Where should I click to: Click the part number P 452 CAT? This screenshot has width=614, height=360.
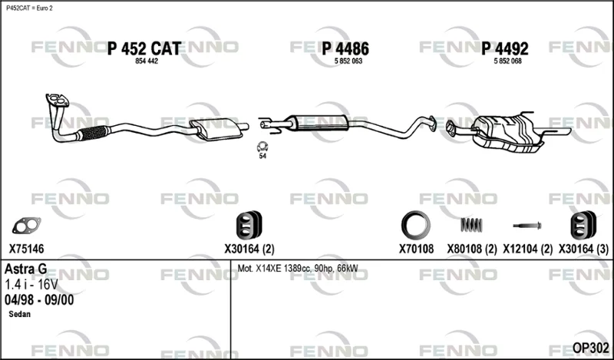click(x=144, y=48)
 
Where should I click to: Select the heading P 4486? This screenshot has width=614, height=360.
click(x=345, y=48)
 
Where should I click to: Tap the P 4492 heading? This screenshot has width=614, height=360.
click(x=505, y=48)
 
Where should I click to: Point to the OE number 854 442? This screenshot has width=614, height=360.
click(x=147, y=61)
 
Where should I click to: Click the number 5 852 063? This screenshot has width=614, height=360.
click(x=348, y=61)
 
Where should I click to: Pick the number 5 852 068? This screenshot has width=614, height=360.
click(x=508, y=61)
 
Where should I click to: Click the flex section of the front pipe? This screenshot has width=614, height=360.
click(x=92, y=133)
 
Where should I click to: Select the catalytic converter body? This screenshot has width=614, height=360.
click(x=216, y=129)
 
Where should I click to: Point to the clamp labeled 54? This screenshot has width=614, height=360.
click(x=262, y=147)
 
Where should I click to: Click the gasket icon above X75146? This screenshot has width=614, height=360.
click(x=26, y=226)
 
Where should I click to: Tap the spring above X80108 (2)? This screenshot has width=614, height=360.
click(x=471, y=225)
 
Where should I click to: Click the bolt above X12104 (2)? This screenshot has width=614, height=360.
click(x=527, y=226)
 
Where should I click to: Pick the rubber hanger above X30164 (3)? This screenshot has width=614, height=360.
click(x=583, y=225)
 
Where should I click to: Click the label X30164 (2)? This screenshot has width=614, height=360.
click(x=249, y=249)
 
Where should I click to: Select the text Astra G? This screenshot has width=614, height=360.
click(x=26, y=269)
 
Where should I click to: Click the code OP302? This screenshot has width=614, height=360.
click(x=591, y=348)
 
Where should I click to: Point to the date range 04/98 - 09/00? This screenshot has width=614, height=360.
click(x=39, y=300)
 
